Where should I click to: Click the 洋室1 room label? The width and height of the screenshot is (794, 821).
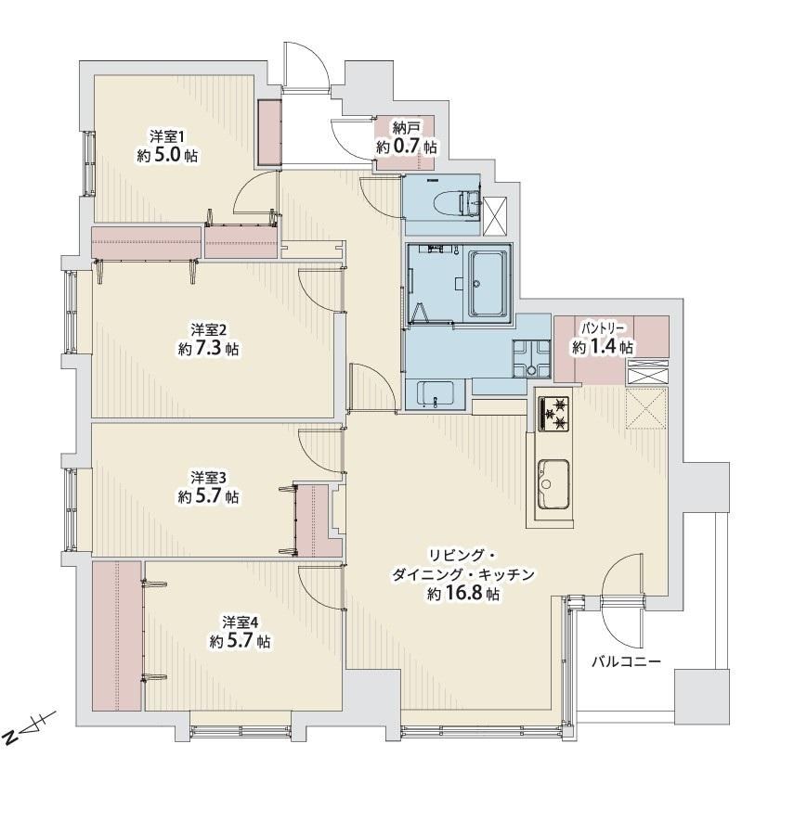point(166,137)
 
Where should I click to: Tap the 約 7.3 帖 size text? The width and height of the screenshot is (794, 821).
point(208,349)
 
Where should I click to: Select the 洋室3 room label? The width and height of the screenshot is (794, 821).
point(208,478)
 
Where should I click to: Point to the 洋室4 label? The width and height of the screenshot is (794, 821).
point(240,622)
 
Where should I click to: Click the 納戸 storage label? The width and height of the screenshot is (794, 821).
point(406,127)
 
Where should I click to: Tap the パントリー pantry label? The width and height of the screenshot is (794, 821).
point(603,328)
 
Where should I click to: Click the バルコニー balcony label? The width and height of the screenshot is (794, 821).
point(626,661)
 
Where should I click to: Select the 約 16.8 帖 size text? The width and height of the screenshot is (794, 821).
point(462,594)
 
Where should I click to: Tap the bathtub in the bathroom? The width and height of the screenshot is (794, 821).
point(488,283)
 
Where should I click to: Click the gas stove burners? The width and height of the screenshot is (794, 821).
point(553,413)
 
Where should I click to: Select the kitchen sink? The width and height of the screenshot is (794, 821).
point(553,484)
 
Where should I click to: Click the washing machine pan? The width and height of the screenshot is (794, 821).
point(531,359)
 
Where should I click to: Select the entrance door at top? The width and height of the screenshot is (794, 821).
point(306,66)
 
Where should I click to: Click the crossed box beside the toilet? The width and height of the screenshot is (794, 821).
point(495,216)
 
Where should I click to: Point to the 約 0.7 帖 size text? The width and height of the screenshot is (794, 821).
point(406,147)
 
